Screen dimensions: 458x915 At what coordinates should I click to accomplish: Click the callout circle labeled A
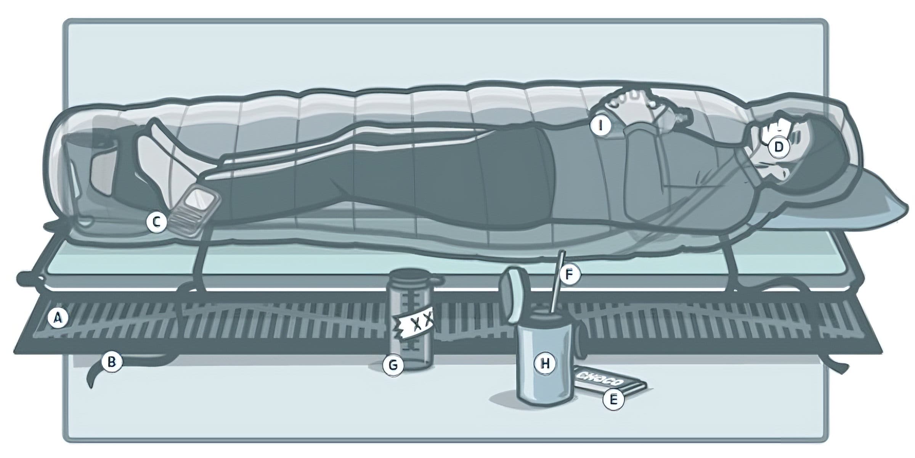58,318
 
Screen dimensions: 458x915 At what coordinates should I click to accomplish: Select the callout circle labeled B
111,361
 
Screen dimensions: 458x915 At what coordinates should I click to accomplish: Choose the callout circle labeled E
613,400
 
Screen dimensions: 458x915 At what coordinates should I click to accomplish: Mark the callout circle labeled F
569,274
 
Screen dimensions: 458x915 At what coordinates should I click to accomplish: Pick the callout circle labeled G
393,365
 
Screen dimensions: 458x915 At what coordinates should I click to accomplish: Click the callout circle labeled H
545,364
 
